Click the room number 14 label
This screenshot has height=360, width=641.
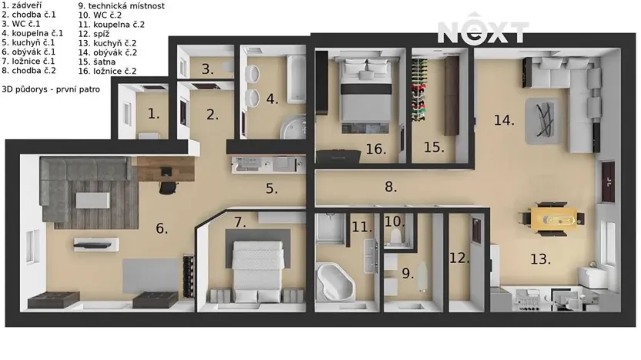click(504, 120)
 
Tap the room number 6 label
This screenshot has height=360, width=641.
click(161, 228)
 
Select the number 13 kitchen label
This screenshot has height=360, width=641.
click(540, 259)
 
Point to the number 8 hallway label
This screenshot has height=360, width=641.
click(391, 187)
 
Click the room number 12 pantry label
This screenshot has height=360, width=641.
click(459, 257)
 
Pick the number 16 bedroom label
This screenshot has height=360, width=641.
click(376, 150)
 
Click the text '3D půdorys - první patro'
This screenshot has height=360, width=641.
click(45, 89)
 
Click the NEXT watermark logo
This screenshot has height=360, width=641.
click(483, 32)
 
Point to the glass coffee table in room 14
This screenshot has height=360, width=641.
click(545, 122)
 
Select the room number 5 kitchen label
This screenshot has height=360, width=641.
click(271, 188)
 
